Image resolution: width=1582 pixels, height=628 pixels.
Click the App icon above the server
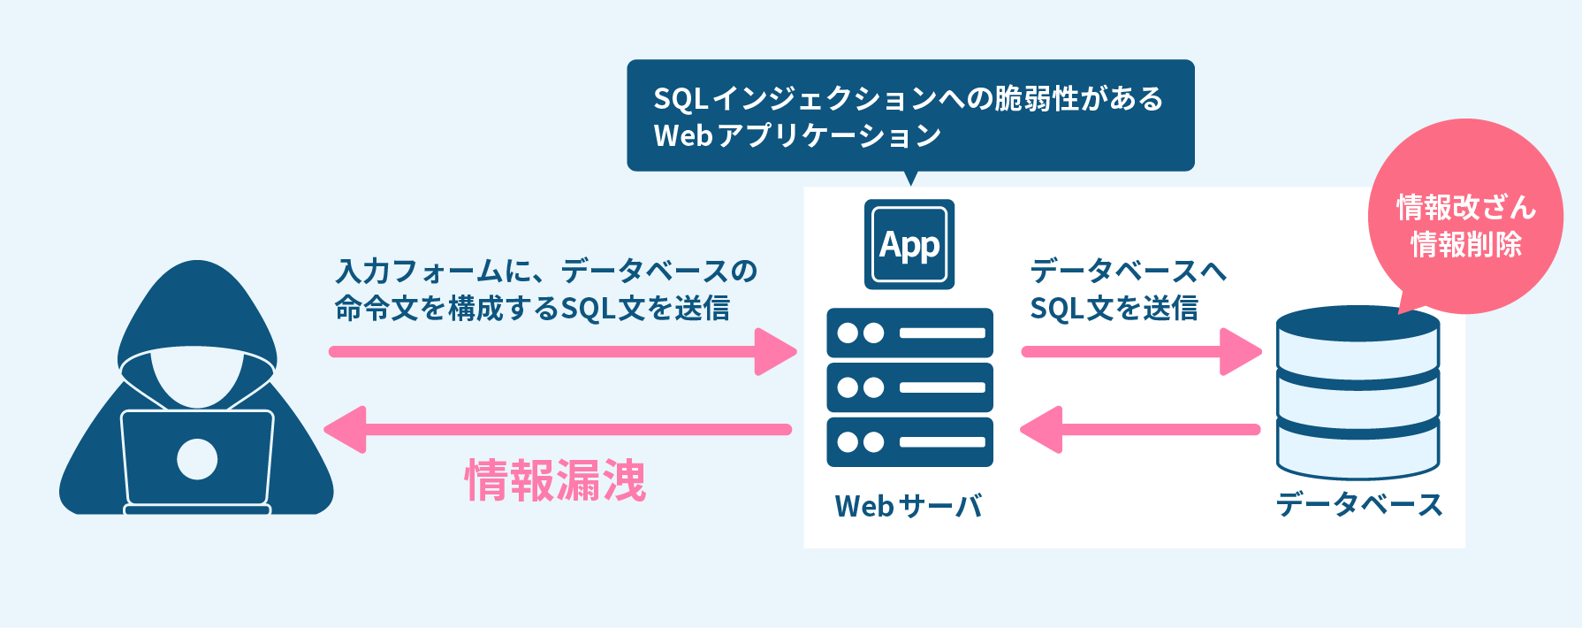click(x=909, y=244)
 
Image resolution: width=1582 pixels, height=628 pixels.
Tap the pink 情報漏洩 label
click(x=556, y=480)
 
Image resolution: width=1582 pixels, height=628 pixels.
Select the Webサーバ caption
click(x=909, y=506)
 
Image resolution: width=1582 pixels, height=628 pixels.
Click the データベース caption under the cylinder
click(x=1358, y=504)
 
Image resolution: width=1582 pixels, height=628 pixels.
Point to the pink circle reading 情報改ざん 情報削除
click(x=1465, y=217)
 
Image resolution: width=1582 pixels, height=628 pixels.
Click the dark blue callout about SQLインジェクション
click(x=910, y=115)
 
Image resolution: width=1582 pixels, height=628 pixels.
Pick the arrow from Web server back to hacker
click(x=557, y=430)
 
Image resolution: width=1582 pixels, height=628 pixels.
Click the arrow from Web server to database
click(x=1140, y=351)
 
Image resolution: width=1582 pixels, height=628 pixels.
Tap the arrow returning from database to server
click(x=1140, y=430)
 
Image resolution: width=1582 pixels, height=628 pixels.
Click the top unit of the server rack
click(x=909, y=333)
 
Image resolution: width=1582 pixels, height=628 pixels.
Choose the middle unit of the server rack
click(x=909, y=387)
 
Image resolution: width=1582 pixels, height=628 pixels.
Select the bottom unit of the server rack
click(x=909, y=442)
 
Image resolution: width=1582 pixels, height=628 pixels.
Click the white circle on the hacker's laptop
click(x=197, y=459)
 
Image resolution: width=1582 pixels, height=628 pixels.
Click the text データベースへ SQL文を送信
click(x=1127, y=289)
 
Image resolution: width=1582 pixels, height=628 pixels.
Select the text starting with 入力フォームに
click(x=545, y=289)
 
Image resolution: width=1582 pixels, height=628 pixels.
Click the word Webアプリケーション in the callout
click(x=797, y=135)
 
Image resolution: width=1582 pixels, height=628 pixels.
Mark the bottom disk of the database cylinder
click(x=1358, y=451)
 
